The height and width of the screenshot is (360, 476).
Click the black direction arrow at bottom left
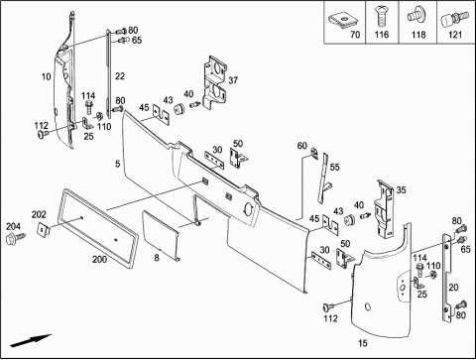tap(31, 340)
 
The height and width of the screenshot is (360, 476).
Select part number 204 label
tap(13, 226)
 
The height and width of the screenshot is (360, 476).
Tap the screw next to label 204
tap(16, 238)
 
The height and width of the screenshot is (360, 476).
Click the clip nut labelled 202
tap(43, 228)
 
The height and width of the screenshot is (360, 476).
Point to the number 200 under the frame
tap(99, 260)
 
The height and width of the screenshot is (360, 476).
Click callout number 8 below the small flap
tap(157, 258)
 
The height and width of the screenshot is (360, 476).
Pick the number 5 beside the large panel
tap(118, 164)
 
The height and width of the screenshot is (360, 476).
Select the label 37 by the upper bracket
tap(233, 80)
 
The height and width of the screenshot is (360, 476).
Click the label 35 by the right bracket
tap(401, 190)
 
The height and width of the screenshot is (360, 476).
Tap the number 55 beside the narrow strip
tap(334, 167)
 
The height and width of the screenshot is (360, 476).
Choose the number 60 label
tap(302, 146)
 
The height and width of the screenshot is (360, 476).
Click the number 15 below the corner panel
tap(363, 343)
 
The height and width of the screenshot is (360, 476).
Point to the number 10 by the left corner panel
tap(47, 76)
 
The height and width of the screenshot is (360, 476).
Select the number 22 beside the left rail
tap(120, 76)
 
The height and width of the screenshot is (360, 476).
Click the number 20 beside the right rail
tap(453, 288)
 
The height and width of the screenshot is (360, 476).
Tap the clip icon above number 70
tap(343, 20)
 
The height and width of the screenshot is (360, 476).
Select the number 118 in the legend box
tap(418, 35)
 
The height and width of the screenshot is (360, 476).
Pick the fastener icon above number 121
tap(455, 19)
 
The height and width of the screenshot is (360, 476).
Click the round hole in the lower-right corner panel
tap(368, 307)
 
